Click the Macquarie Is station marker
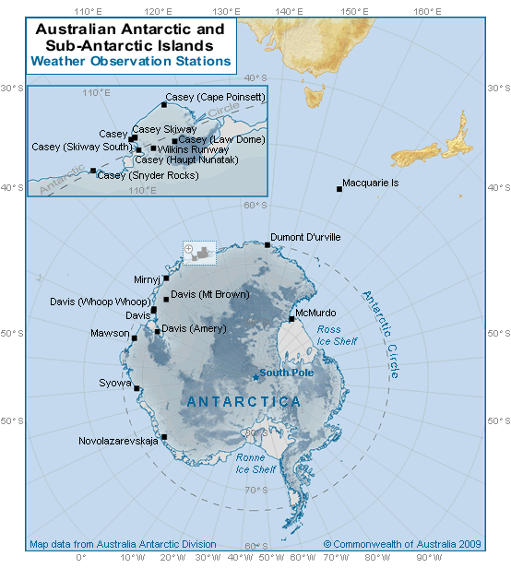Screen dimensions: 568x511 (x=339, y=189)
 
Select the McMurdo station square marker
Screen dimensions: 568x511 (x=291, y=319)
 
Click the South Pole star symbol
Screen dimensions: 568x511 (x=255, y=376)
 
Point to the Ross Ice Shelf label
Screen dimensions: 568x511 (x=336, y=335)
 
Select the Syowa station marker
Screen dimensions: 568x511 (x=137, y=388)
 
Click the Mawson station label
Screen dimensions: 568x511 (x=110, y=333)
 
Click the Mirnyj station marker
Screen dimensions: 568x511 (x=166, y=278)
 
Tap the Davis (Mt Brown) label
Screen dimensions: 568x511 (x=208, y=294)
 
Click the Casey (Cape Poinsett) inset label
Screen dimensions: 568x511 (x=216, y=97)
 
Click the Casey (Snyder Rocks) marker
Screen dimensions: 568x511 (x=92, y=171)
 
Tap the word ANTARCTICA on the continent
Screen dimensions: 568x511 (x=244, y=402)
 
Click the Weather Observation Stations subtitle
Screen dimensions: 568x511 (x=130, y=61)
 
